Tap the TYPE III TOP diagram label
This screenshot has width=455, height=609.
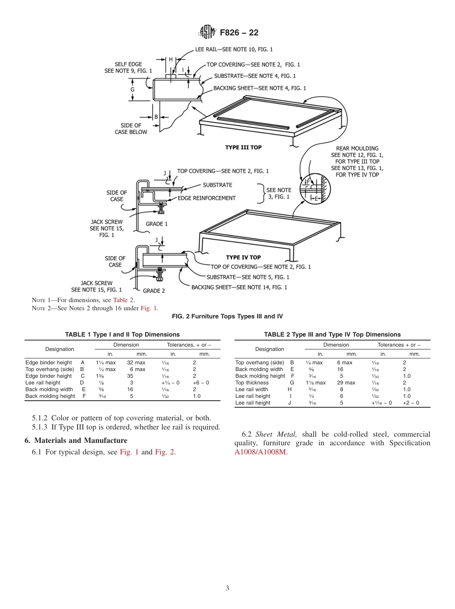click(243, 147)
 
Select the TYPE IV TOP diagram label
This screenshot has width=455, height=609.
click(243, 258)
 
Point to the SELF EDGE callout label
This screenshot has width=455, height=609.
click(128, 68)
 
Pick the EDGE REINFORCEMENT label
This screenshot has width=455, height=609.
click(206, 198)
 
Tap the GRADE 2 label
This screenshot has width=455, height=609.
click(154, 291)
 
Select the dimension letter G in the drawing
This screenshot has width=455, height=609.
click(133, 90)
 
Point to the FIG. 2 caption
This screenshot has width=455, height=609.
click(227, 316)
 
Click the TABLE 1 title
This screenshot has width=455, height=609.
click(122, 335)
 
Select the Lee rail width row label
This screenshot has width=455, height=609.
click(252, 390)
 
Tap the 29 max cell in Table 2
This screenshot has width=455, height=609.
click(346, 383)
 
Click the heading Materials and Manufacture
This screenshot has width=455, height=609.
click(76, 440)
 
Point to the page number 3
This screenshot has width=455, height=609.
click(227, 588)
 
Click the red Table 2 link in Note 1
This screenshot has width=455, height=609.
click(124, 301)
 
